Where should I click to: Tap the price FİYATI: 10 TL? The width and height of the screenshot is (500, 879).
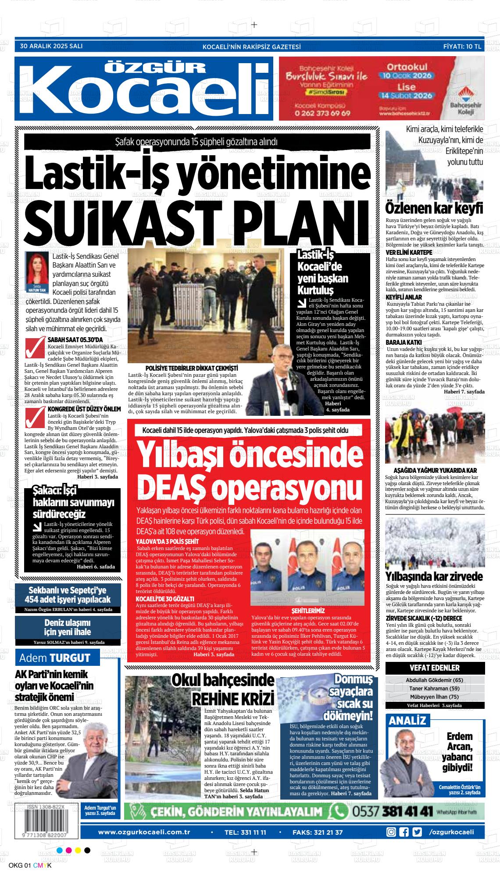[462, 46]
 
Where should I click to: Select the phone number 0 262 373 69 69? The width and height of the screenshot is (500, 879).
[322, 113]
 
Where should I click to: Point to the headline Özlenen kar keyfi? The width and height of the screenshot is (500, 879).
[434, 207]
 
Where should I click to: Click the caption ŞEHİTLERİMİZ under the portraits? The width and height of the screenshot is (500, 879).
[308, 610]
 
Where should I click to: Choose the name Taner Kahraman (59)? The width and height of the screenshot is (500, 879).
[434, 688]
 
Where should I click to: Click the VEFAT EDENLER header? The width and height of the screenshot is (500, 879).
[434, 668]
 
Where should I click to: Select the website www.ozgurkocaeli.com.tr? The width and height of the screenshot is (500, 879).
[144, 820]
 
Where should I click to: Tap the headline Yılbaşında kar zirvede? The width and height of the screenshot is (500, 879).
[434, 576]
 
